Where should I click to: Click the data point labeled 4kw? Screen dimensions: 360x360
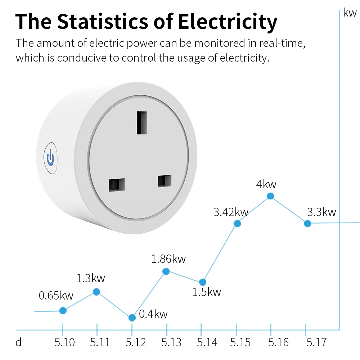pyautogui.click(x=270, y=196)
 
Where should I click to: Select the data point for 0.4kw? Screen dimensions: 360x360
pyautogui.click(x=132, y=318)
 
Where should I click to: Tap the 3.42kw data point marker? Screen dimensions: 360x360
pyautogui.click(x=237, y=224)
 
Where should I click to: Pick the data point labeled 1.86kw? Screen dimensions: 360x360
pyautogui.click(x=166, y=271)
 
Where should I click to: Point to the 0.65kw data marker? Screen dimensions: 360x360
pyautogui.click(x=63, y=310)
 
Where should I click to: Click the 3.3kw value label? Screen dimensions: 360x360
pyautogui.click(x=321, y=212)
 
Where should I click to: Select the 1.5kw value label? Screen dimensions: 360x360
pyautogui.click(x=207, y=292)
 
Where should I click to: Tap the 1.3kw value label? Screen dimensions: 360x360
pyautogui.click(x=91, y=278)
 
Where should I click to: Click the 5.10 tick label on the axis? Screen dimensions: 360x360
pyautogui.click(x=65, y=342)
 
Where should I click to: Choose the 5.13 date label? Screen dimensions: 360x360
pyautogui.click(x=171, y=342)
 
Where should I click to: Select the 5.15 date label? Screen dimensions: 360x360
pyautogui.click(x=240, y=342)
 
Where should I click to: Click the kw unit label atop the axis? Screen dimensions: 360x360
pyautogui.click(x=350, y=13)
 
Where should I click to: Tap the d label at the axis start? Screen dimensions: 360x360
pyautogui.click(x=19, y=342)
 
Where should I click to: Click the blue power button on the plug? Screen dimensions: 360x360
pyautogui.click(x=50, y=158)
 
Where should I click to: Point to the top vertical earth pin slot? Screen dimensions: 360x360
pyautogui.click(x=142, y=122)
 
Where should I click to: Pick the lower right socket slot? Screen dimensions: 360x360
pyautogui.click(x=164, y=181)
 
